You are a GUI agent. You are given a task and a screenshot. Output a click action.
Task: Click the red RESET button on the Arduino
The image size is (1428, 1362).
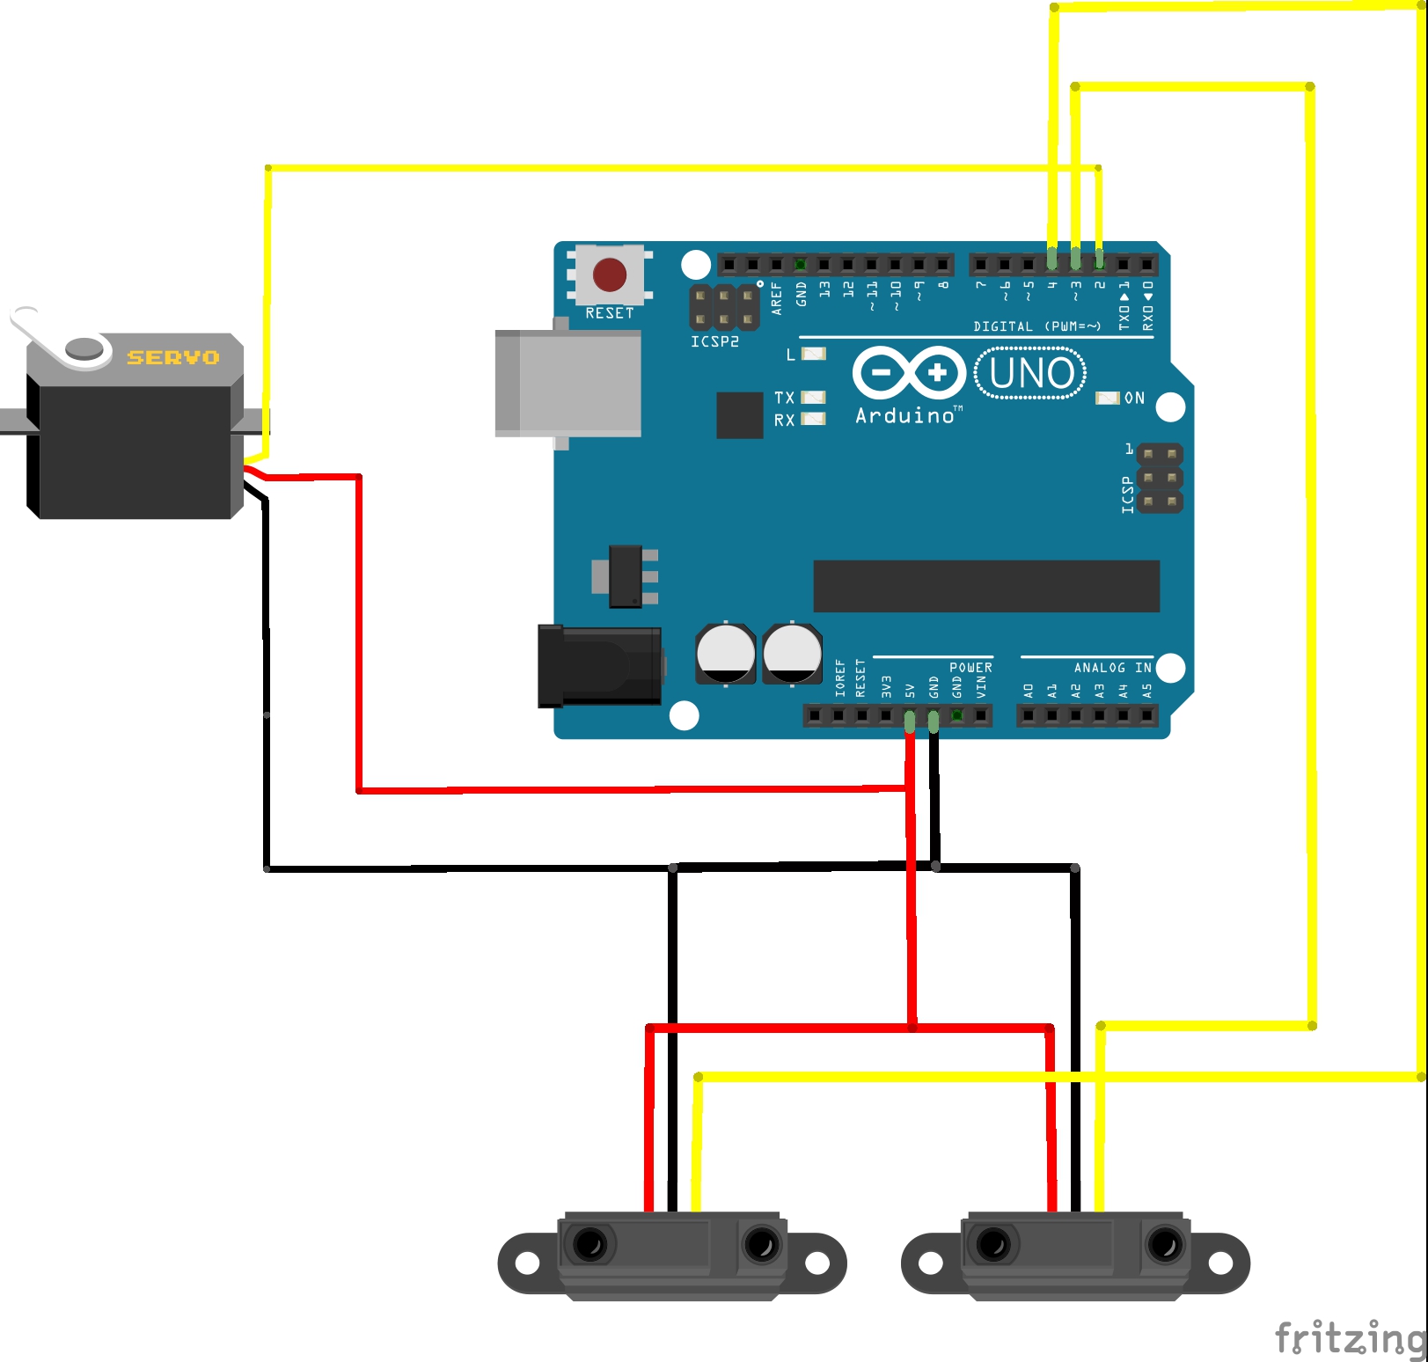(x=610, y=275)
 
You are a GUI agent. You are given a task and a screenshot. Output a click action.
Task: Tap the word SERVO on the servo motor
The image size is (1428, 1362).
(x=173, y=357)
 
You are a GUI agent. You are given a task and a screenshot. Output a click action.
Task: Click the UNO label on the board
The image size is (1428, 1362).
(x=1030, y=373)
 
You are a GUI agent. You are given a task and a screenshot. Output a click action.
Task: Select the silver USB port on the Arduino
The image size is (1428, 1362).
(x=568, y=384)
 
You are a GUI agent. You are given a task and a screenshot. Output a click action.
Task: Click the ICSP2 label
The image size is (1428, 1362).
(x=714, y=341)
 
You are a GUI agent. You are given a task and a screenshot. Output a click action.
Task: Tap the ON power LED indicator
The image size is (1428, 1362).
(x=1107, y=399)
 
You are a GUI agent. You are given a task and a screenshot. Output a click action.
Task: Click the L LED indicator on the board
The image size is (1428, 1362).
(x=814, y=354)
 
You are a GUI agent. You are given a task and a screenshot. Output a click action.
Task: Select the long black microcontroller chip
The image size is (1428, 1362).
(x=986, y=586)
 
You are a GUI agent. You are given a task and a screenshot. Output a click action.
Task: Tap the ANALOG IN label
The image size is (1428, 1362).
(x=1112, y=668)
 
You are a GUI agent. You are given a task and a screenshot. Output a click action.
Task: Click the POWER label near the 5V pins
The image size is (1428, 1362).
(x=970, y=668)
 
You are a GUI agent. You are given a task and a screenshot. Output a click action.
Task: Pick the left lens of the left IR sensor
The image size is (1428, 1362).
(x=590, y=1244)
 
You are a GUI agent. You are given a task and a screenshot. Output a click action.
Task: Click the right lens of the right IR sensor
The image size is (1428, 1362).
(x=1165, y=1244)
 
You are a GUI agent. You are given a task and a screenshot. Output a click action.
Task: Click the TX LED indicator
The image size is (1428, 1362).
(x=814, y=398)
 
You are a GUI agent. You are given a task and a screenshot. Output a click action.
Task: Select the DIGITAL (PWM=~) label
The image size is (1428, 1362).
(x=1036, y=326)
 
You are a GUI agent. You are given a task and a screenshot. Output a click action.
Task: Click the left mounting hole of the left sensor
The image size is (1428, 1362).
(x=527, y=1263)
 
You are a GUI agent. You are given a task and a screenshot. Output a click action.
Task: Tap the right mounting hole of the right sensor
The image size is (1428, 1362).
(x=1220, y=1263)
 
